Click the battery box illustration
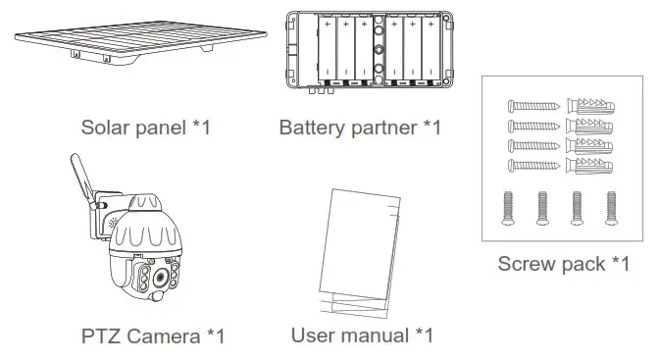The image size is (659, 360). (x=364, y=52)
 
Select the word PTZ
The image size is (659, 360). (x=102, y=336)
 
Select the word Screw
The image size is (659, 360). (x=527, y=263)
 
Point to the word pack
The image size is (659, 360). (x=583, y=263)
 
